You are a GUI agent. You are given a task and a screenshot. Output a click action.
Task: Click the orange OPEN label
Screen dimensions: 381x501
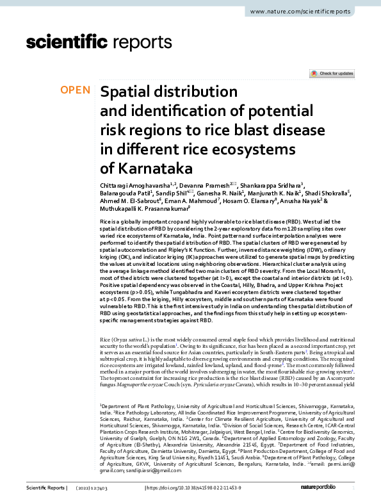[76, 90]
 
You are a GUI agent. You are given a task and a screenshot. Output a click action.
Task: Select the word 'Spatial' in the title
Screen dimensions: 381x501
[127, 92]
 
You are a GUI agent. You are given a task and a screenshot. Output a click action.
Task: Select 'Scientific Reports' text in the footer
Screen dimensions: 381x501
[46, 488]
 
